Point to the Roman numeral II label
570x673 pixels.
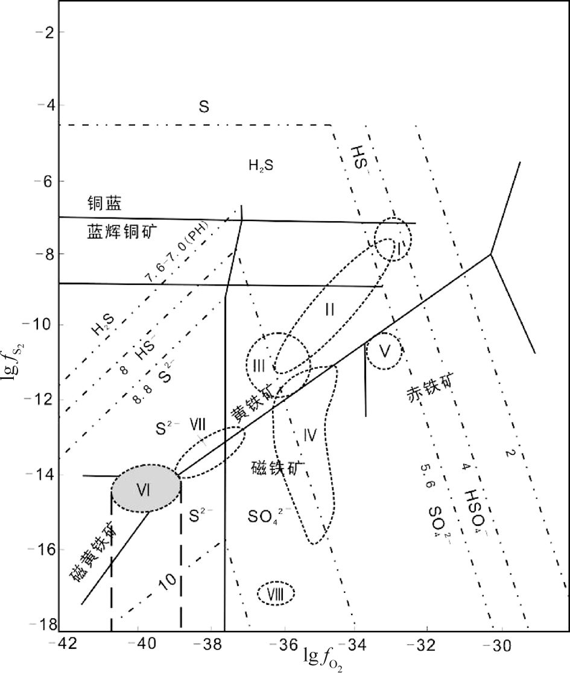click(329, 309)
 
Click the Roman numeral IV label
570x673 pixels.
click(310, 434)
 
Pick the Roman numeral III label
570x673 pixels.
click(259, 365)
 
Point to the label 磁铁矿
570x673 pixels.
click(278, 468)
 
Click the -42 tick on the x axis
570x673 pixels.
click(68, 645)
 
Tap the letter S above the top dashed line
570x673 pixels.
click(204, 107)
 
